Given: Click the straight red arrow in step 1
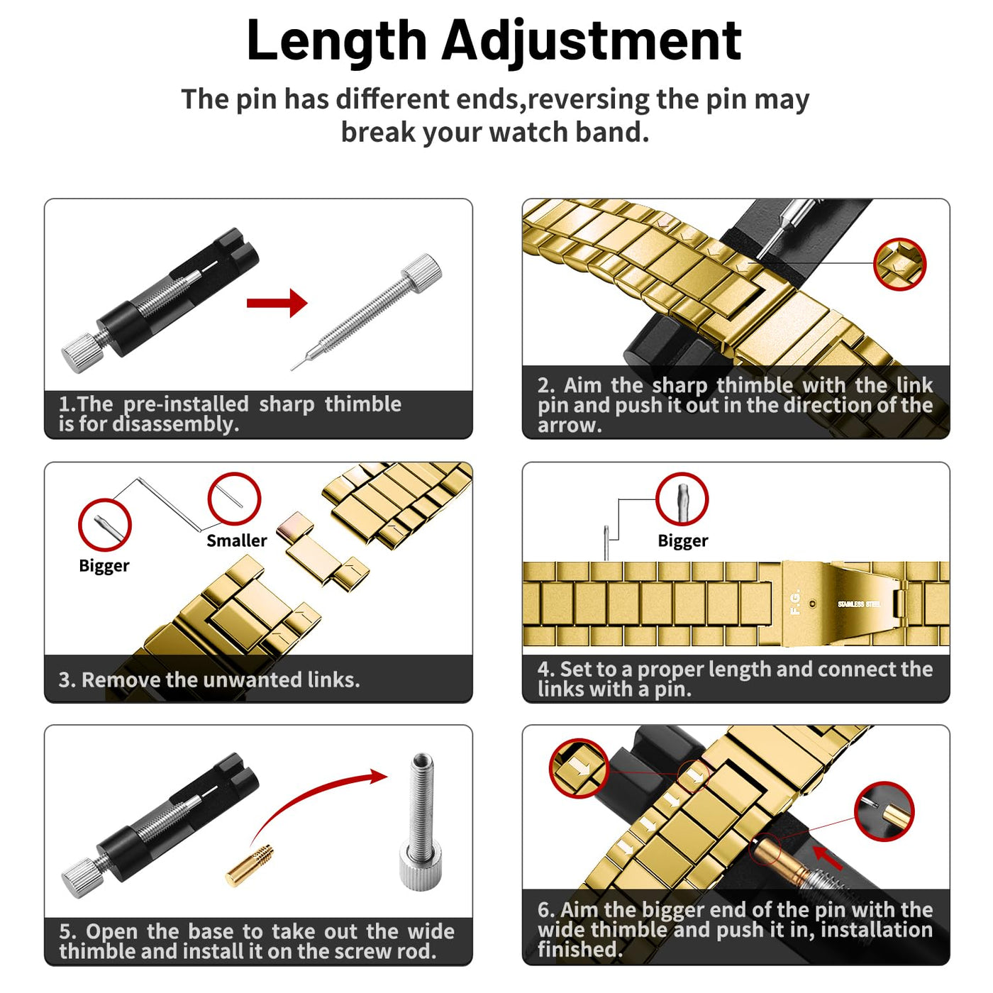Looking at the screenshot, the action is (277, 303).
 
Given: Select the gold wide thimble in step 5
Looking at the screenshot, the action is (250, 866).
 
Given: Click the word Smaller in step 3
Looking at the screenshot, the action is (236, 540).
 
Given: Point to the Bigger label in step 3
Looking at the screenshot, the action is (104, 566).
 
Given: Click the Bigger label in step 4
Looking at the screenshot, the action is (683, 541).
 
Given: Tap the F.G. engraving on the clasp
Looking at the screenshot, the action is (796, 602).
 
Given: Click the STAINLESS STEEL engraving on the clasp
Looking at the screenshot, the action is (859, 604).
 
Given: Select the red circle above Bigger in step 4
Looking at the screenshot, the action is (682, 499).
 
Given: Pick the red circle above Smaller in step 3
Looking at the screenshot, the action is (234, 499).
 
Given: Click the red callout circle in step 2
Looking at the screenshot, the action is (900, 264).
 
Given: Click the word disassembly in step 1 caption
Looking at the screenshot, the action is (176, 424).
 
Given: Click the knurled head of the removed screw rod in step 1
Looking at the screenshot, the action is (421, 273).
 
